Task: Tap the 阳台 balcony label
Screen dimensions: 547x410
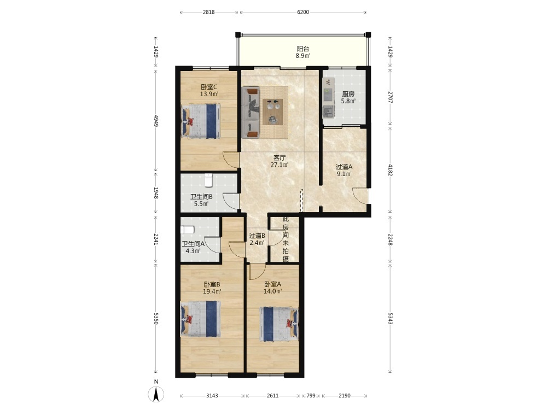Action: pos(303,49)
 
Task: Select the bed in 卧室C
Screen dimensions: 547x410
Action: pos(201,121)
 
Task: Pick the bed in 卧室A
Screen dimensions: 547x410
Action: pos(278,324)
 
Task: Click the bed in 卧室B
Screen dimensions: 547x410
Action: pos(201,319)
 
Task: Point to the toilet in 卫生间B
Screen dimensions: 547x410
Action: pos(208,179)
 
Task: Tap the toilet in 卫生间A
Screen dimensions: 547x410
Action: pos(187,230)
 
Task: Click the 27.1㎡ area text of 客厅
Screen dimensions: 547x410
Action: pos(280,165)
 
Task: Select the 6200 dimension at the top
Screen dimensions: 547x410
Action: pos(303,12)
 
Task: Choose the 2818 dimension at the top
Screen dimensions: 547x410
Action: pos(208,12)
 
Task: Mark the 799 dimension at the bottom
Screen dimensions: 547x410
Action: pos(311,395)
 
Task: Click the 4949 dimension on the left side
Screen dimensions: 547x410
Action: pos(156,121)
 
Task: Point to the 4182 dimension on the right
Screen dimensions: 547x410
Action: pos(390,170)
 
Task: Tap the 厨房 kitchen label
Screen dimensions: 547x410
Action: pos(348,94)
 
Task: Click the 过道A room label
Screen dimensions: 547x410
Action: pos(344,167)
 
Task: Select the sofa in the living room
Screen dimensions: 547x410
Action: pos(251,113)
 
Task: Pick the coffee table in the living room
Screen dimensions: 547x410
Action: pos(272,112)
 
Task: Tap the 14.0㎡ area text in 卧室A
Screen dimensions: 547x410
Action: pos(272,291)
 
